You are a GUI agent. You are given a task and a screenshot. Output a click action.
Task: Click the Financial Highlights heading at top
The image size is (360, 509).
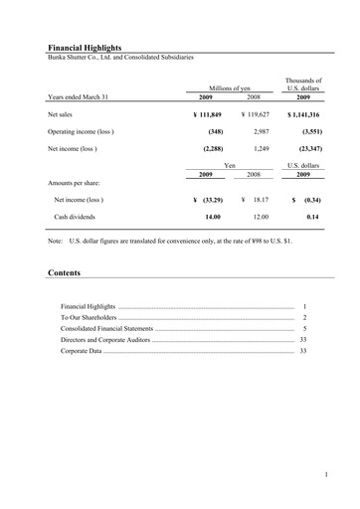[89, 47]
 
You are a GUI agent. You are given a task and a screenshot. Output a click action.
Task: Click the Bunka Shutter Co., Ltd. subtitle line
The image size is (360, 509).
[120, 57]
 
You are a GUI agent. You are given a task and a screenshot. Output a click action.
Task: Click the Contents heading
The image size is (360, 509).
[64, 272]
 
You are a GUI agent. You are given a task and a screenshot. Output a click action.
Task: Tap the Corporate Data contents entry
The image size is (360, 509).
[82, 351]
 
